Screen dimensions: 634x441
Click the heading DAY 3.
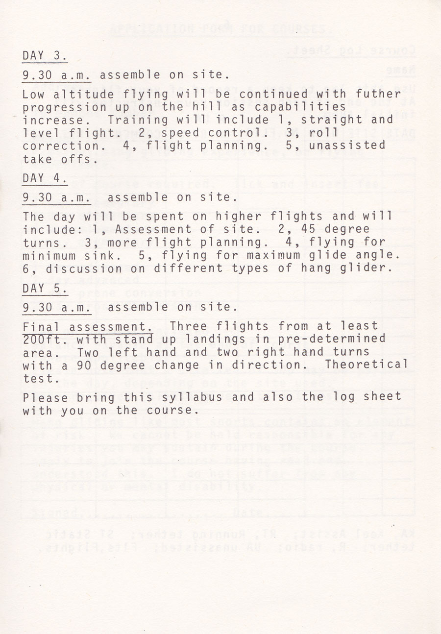44,56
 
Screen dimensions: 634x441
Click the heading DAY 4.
44,178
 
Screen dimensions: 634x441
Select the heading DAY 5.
44,288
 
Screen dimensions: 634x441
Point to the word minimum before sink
47,255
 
